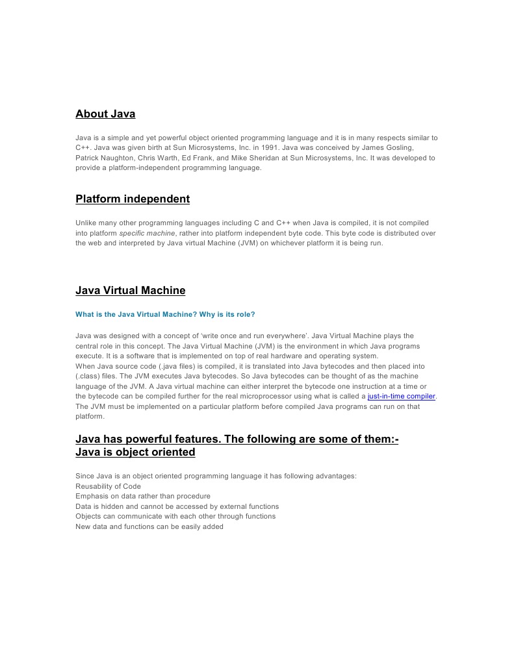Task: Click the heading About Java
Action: click(x=105, y=114)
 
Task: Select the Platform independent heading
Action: click(x=133, y=199)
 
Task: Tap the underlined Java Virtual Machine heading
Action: click(x=130, y=290)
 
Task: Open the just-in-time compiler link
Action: click(x=402, y=396)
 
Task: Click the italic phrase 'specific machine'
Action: click(x=147, y=233)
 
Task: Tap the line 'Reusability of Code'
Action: click(x=108, y=486)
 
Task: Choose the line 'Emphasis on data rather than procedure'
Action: click(x=143, y=496)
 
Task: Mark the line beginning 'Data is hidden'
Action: click(x=177, y=506)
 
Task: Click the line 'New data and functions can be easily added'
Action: click(x=149, y=526)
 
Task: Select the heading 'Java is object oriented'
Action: click(x=135, y=452)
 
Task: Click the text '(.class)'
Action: click(x=90, y=376)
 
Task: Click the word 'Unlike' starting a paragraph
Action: click(x=86, y=223)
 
